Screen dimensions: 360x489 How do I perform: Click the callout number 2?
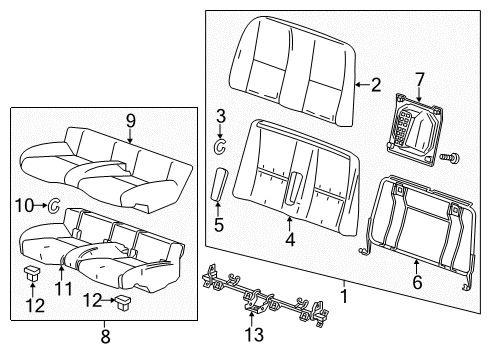point(375,85)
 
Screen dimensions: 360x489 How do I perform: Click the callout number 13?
point(255,334)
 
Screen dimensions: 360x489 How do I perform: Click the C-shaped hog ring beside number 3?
point(221,147)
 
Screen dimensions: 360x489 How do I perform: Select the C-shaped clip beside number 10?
point(55,206)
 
